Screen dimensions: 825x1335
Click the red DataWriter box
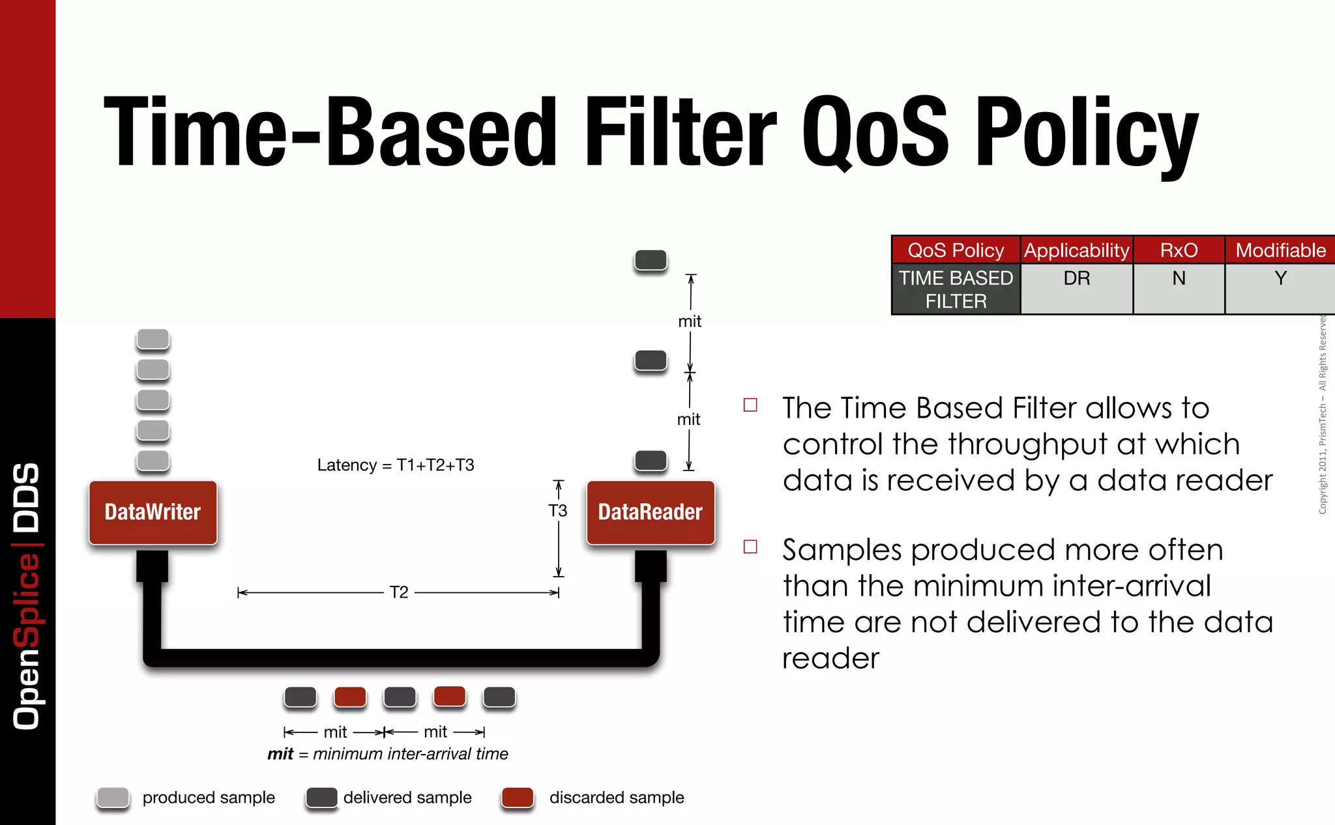[x=153, y=512]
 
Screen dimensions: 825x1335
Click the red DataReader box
[x=650, y=512]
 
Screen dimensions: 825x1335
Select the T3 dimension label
[x=557, y=510]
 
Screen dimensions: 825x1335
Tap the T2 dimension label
[x=398, y=592]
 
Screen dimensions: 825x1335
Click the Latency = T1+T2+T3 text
[x=395, y=465]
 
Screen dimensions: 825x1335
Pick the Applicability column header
[x=1076, y=250]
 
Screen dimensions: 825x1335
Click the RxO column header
[x=1179, y=250]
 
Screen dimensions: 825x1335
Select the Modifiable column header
[x=1280, y=250]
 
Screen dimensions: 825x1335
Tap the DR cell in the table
[x=1076, y=278]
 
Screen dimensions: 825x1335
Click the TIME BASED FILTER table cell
[x=956, y=289]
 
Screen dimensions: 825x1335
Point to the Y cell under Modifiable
[x=1280, y=278]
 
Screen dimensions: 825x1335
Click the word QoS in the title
[x=875, y=132]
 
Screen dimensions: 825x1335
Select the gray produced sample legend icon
[x=113, y=797]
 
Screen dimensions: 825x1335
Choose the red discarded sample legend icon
[x=518, y=797]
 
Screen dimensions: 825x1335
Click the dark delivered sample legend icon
[x=321, y=797]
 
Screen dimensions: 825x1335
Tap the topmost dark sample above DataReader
[x=651, y=259]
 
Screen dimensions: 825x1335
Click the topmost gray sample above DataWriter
[x=153, y=339]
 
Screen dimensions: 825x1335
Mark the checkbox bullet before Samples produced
[x=750, y=546]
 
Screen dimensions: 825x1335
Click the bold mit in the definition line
[x=280, y=754]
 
